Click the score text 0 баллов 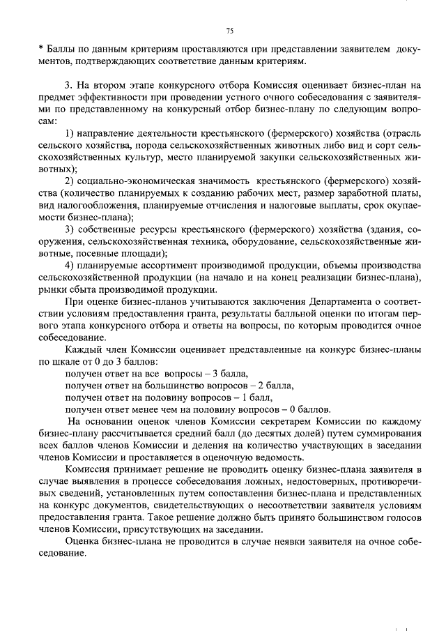[309, 409]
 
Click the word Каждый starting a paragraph [83, 349]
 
